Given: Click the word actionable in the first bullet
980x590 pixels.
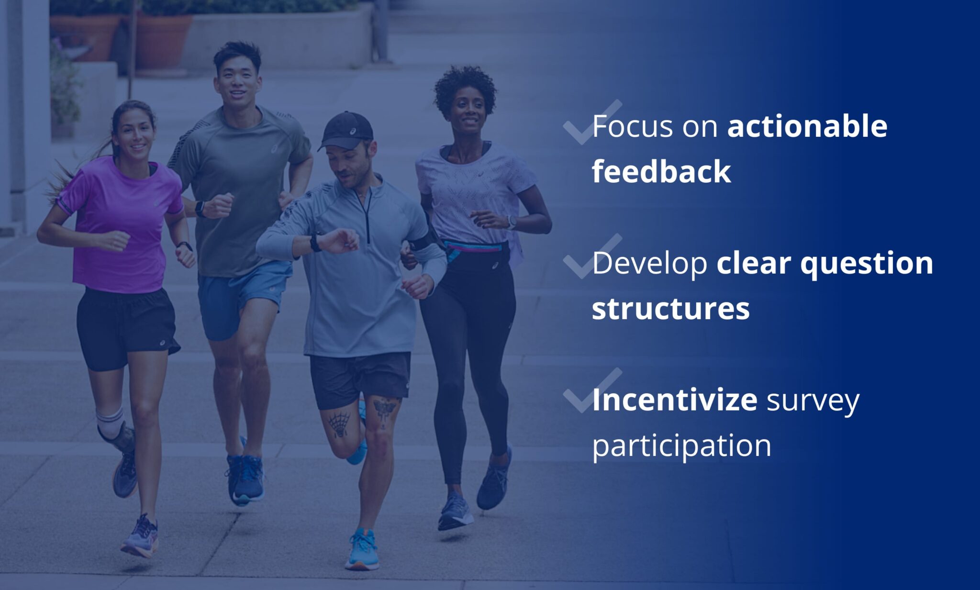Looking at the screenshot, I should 807,126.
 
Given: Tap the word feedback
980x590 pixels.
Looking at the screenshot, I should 661,172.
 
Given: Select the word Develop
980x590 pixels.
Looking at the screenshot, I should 649,264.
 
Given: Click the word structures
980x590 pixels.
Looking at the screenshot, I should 670,309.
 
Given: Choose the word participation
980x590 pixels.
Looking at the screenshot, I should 681,446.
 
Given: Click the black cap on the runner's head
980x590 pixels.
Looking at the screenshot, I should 346,129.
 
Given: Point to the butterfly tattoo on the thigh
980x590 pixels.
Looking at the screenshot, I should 385,411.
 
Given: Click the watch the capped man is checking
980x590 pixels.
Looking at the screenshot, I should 315,243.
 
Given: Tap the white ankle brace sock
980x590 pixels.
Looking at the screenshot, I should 110,423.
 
